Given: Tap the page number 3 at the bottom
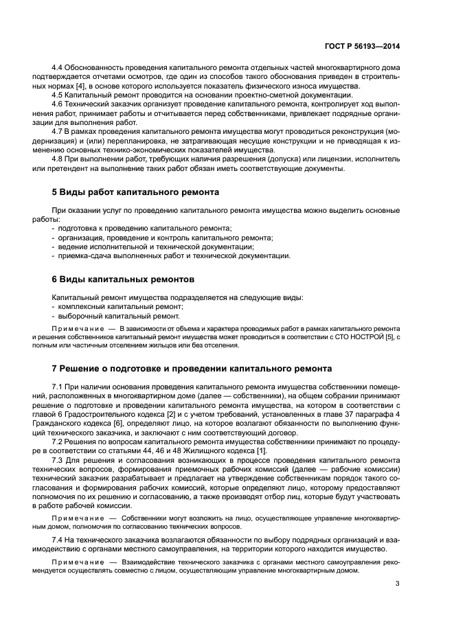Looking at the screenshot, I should [398, 584].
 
